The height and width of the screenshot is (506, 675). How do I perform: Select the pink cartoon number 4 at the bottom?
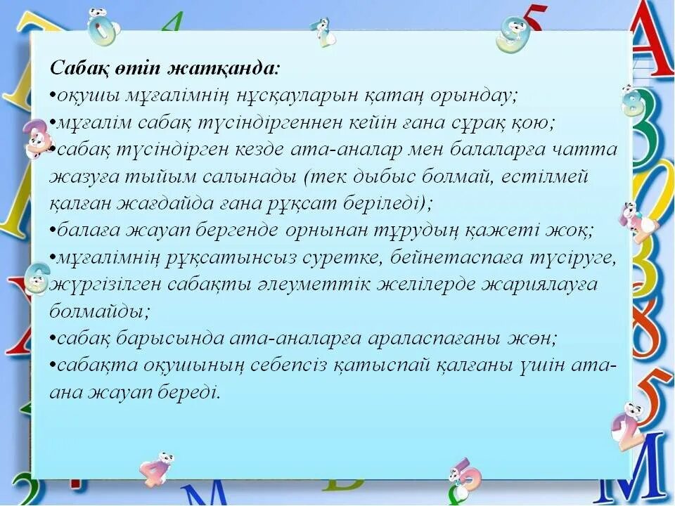tap(156, 470)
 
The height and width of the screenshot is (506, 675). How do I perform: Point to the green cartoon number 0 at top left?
tap(103, 28)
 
